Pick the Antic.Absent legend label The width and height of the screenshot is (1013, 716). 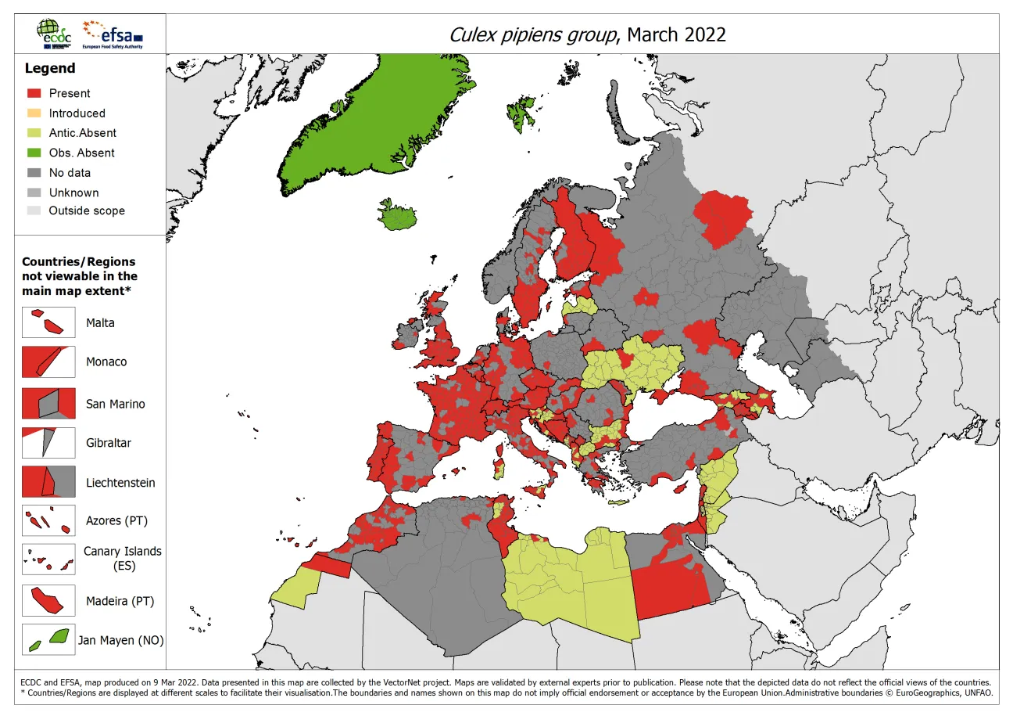[x=82, y=133]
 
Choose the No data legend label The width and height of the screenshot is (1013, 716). [x=70, y=173]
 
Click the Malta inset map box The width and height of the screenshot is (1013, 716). [x=48, y=322]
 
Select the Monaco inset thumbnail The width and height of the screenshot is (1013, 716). [x=48, y=362]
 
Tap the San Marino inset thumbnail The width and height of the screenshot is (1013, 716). [x=48, y=403]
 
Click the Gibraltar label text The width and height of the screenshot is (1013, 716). [x=109, y=443]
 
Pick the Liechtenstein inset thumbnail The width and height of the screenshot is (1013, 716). [x=48, y=481]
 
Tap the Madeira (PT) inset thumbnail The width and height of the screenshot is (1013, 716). [x=48, y=601]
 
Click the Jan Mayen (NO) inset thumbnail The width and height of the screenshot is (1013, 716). [x=48, y=640]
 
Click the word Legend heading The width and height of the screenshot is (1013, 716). [x=50, y=69]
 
